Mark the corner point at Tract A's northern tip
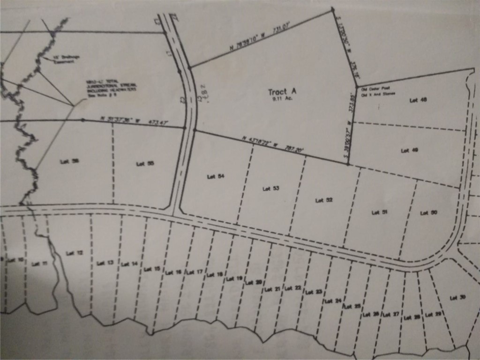332,9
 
